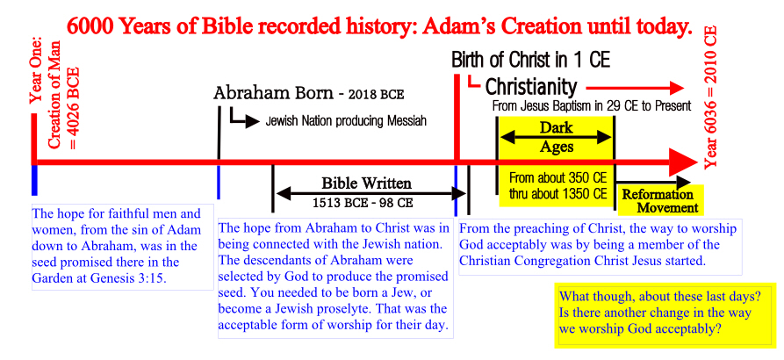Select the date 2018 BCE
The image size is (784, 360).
[x=377, y=95]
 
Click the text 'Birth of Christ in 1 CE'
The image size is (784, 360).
[x=531, y=60]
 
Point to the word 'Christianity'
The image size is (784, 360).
[x=531, y=87]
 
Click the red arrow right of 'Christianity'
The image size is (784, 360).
[x=635, y=89]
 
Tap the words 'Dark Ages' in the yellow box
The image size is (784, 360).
[x=556, y=136]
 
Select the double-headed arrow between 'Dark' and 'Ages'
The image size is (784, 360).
[x=556, y=138]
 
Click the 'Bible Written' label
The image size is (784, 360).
[x=366, y=183]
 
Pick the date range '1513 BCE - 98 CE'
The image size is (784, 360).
[x=363, y=204]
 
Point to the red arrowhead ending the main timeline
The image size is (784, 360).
[x=684, y=162]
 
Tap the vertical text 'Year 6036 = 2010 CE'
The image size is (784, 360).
[x=710, y=97]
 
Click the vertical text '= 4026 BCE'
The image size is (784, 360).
[x=74, y=106]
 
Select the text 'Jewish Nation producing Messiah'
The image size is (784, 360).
[x=346, y=121]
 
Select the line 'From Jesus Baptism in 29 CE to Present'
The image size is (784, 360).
[x=592, y=106]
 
